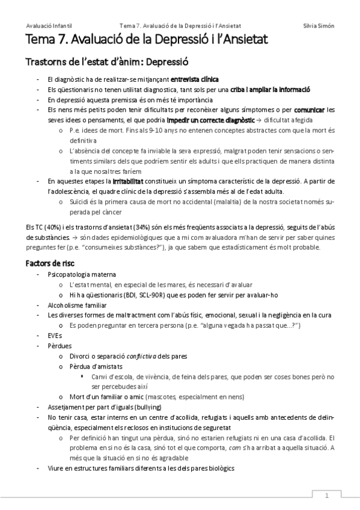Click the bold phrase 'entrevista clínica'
[195, 79]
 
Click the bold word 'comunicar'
[310, 109]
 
